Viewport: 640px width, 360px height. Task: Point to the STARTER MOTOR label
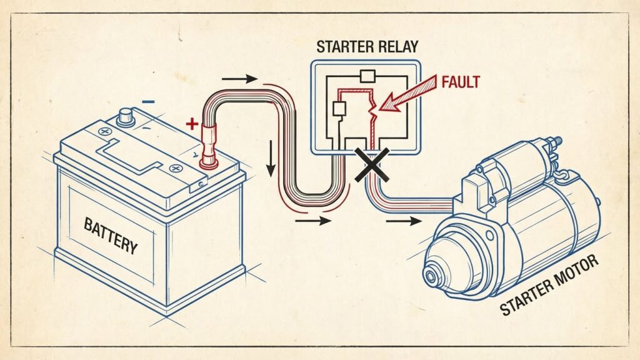(x=549, y=289)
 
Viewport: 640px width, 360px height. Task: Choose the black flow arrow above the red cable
(x=240, y=79)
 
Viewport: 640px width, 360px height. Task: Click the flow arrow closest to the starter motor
(x=407, y=220)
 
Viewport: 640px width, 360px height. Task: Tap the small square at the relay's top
(x=368, y=77)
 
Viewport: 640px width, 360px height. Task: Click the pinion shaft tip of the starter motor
(x=431, y=276)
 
